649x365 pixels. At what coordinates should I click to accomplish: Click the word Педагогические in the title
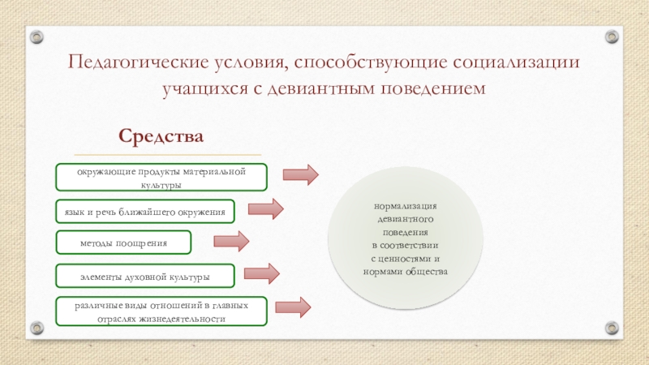pos(127,62)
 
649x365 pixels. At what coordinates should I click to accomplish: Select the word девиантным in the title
pos(320,88)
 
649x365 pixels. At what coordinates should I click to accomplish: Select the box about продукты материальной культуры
pos(161,176)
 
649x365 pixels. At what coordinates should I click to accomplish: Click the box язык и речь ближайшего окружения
pos(145,210)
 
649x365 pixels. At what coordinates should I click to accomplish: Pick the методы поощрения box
pos(123,242)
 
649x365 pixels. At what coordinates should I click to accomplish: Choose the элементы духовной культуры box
pos(145,276)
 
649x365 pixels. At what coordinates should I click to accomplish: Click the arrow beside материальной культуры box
pos(300,174)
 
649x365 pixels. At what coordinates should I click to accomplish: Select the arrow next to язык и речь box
pos(265,208)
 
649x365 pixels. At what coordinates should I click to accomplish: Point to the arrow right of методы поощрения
pos(230,241)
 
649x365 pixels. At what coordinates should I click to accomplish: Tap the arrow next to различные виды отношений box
pos(293,307)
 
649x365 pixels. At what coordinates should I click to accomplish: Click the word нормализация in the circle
pos(405,207)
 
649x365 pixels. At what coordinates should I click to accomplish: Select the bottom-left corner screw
pos(37,328)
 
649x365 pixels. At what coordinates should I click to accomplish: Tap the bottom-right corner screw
pos(611,328)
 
